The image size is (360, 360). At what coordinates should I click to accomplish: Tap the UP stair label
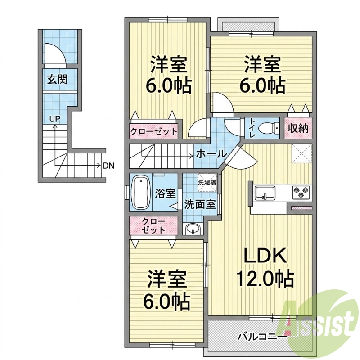(54, 119)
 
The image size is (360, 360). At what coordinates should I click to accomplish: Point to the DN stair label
(108, 166)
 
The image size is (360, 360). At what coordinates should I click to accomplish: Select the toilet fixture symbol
(269, 128)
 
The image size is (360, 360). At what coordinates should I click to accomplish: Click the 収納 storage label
(298, 129)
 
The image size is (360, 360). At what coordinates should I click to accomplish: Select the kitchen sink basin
(265, 193)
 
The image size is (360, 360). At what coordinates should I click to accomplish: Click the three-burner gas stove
(301, 192)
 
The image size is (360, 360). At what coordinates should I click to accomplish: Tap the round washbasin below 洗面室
(193, 229)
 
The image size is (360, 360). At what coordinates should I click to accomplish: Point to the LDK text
(265, 256)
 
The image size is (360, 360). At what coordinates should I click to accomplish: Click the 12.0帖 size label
(265, 279)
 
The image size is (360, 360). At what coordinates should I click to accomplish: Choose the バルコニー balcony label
(262, 337)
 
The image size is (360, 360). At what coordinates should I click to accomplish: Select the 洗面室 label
(200, 204)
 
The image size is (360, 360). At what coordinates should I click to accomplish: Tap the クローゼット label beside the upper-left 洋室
(154, 132)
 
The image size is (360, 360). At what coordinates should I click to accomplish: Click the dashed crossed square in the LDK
(301, 153)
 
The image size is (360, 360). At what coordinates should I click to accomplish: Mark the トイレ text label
(252, 128)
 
